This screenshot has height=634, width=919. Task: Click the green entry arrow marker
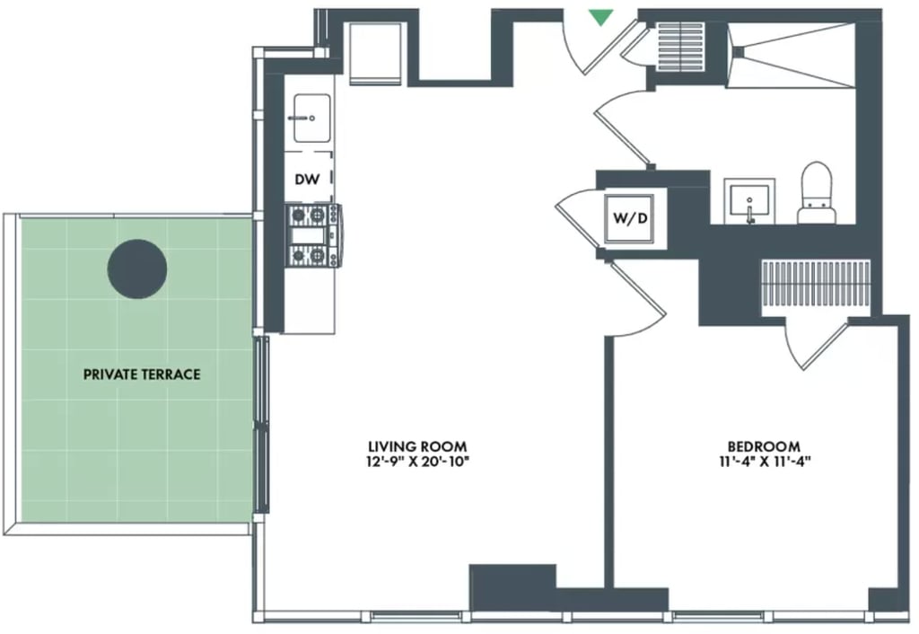click(x=600, y=17)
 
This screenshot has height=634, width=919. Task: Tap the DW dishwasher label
click(x=308, y=179)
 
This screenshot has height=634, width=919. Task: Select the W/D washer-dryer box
click(x=630, y=218)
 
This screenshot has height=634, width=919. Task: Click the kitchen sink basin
click(x=311, y=118)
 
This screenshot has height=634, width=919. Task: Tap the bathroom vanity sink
click(x=749, y=202)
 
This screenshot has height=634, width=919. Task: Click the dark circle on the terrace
click(x=137, y=269)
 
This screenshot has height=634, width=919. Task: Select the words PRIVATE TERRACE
click(x=142, y=374)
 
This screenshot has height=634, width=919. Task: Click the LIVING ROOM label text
click(x=418, y=447)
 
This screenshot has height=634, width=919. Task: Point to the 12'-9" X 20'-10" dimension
click(x=418, y=462)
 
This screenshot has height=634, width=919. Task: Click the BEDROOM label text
click(x=764, y=446)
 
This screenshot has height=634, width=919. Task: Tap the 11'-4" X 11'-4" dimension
click(x=765, y=461)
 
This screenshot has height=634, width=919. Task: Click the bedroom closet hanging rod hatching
click(x=816, y=283)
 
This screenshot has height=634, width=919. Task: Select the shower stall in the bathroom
click(x=792, y=56)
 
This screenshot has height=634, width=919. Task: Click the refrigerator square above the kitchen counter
click(x=376, y=52)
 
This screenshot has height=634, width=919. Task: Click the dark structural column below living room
click(x=512, y=586)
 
